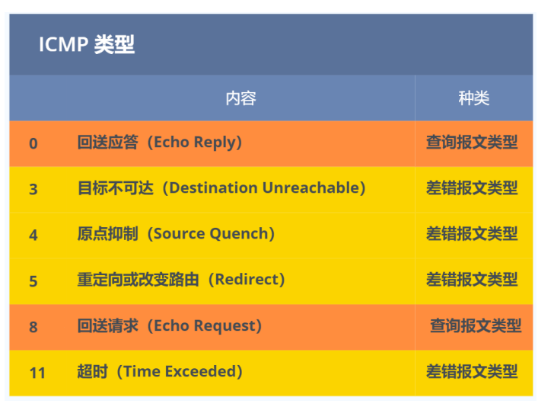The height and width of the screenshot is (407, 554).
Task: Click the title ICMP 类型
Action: coord(87,45)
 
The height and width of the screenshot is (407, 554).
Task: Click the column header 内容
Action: coord(240,98)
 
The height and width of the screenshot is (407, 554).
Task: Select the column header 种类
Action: coord(473,98)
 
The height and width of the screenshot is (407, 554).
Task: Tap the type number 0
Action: coord(33,143)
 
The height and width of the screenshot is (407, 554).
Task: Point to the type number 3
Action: coord(33,189)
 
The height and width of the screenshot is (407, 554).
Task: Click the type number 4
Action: coord(33,235)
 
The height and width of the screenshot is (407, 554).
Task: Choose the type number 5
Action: coord(33,281)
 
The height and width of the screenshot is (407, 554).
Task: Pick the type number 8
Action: coord(33,327)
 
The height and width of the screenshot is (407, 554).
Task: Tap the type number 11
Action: coord(37,373)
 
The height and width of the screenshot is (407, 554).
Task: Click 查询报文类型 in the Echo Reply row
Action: coord(472,143)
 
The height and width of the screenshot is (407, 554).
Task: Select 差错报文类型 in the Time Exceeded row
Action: coord(472,372)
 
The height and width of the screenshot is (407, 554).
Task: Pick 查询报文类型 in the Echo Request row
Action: coord(476,325)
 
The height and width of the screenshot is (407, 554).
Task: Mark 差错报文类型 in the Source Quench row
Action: coord(472,234)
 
